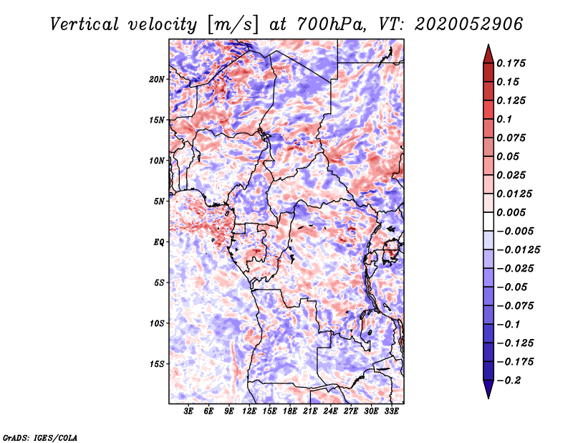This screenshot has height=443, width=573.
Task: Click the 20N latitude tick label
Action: point(156,80)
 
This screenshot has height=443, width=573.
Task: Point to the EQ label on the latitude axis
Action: point(159,242)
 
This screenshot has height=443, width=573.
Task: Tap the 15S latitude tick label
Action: point(157,364)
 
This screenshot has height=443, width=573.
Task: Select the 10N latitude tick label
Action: point(156,161)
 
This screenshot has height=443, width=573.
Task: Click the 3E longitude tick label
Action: point(188,411)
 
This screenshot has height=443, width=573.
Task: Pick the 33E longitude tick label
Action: point(391,411)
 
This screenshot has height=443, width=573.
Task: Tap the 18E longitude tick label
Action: point(290,411)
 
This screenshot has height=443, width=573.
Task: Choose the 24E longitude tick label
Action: point(330,411)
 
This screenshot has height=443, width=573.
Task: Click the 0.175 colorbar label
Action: point(511,63)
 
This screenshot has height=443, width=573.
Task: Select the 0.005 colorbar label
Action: point(511,212)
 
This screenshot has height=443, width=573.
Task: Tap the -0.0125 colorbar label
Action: point(518,250)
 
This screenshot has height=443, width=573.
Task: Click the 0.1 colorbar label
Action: point(504,119)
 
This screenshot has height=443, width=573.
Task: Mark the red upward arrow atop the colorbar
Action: point(488,54)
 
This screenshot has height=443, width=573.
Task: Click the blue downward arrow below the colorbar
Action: point(488,389)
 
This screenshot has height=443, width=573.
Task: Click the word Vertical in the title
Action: point(84,24)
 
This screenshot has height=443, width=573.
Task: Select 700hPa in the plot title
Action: point(332,24)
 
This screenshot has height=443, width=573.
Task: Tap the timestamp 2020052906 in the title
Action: point(469,24)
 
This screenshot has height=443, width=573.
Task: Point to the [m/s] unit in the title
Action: point(233,25)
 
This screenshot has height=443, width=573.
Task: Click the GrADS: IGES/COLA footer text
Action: point(40,437)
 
